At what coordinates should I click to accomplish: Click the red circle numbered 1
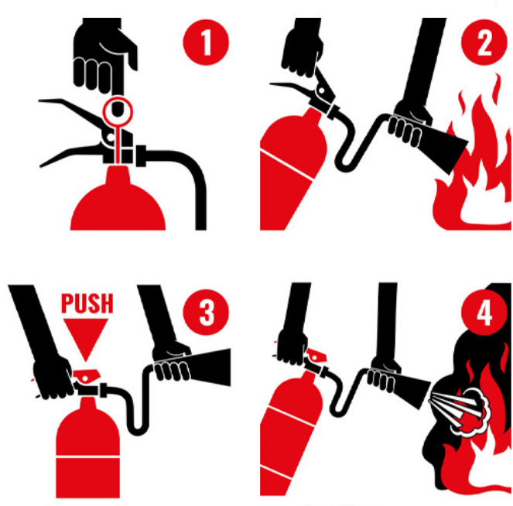click(206, 43)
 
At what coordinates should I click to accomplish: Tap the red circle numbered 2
click(484, 43)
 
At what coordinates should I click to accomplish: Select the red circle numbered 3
click(206, 313)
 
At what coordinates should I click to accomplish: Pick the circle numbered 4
click(484, 313)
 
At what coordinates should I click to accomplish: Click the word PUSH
click(87, 303)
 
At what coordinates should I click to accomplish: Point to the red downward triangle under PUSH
click(86, 337)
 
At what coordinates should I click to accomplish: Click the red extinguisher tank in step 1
click(118, 203)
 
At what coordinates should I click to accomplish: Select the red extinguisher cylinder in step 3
click(87, 451)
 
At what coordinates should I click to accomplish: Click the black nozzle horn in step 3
click(210, 367)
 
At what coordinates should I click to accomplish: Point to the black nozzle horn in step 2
click(445, 148)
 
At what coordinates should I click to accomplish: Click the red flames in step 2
click(474, 157)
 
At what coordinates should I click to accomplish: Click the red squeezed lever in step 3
click(87, 375)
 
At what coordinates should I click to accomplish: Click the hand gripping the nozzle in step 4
click(384, 374)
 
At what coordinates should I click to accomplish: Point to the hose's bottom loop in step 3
click(138, 429)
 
